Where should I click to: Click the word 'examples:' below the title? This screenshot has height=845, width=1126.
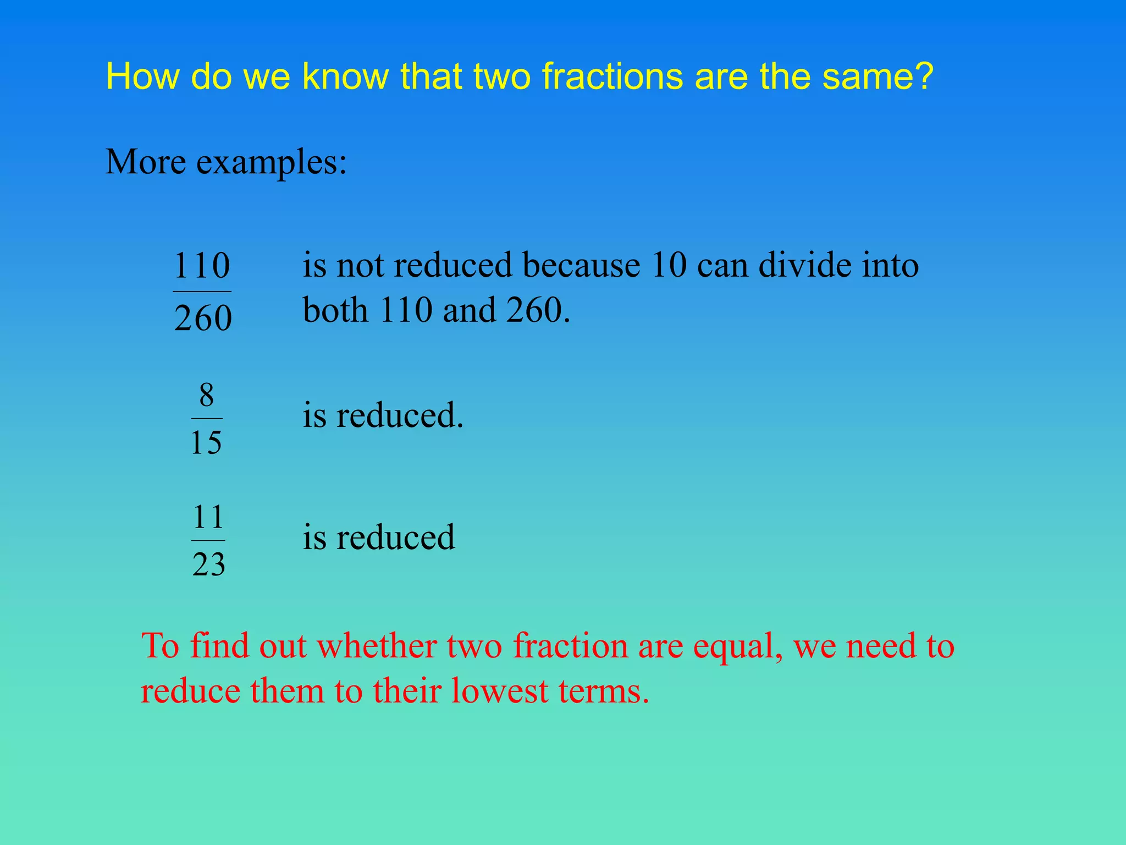pos(272,163)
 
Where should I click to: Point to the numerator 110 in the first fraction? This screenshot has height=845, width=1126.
pos(202,266)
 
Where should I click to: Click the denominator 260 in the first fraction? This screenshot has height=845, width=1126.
pos(203,319)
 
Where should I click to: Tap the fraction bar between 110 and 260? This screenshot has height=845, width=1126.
pos(202,292)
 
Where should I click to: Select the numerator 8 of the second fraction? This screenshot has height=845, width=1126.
pos(207,395)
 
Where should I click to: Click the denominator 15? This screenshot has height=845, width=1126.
pos(206,442)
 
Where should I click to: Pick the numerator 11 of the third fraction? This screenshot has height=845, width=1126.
pos(208,517)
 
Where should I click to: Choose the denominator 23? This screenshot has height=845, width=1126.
pos(209,564)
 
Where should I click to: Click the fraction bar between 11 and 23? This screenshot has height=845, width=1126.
pos(208,540)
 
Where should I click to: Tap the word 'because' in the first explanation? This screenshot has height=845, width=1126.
pos(581,266)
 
